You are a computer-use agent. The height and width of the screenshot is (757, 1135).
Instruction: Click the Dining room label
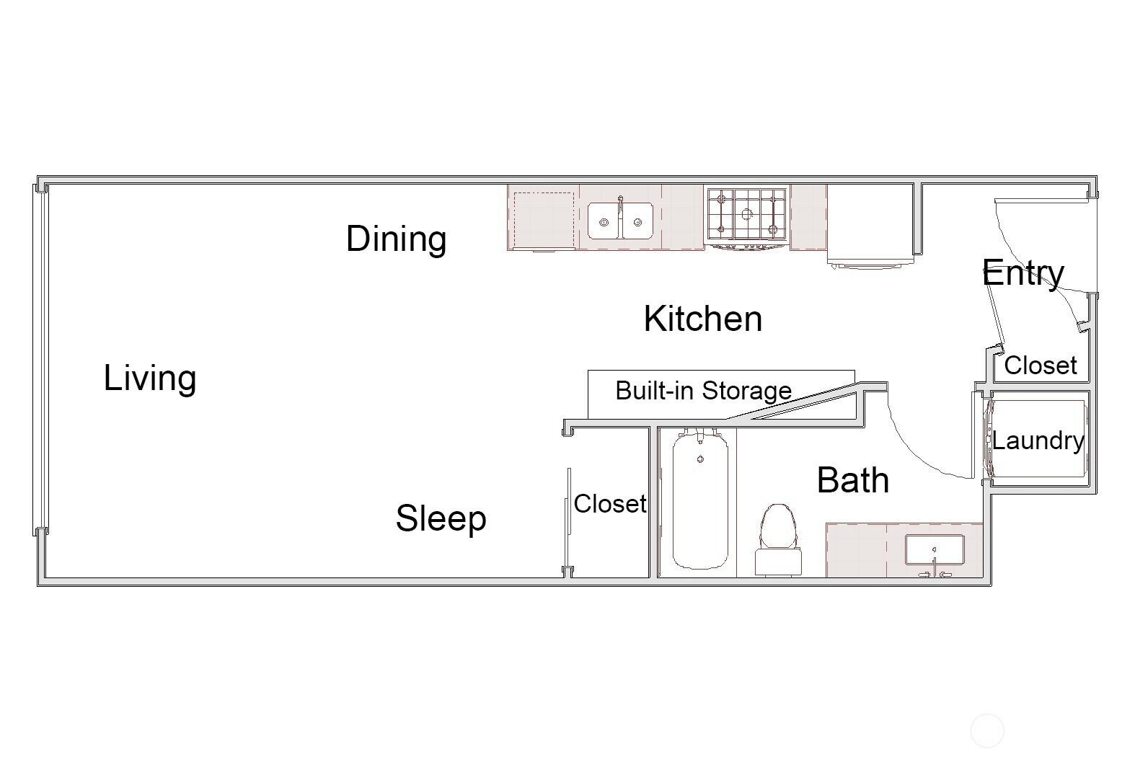[x=396, y=239]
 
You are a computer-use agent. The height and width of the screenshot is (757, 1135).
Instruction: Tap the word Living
[x=150, y=378]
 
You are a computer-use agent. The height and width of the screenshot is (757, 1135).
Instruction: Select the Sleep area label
[x=441, y=519]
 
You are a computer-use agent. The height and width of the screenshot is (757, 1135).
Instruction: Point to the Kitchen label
[x=703, y=319]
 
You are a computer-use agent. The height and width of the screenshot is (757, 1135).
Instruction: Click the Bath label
[x=853, y=480]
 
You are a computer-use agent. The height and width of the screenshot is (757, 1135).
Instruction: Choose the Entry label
[x=1023, y=273]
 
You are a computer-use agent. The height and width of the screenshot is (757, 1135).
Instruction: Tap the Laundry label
[x=1038, y=441]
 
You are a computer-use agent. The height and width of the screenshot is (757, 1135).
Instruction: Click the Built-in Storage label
[x=703, y=391]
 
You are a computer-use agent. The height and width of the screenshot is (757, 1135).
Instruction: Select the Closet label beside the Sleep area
[x=610, y=504]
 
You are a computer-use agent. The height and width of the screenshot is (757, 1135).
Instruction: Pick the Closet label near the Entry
[x=1041, y=366]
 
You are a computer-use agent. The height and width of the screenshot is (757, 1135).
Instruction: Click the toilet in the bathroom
[x=778, y=540]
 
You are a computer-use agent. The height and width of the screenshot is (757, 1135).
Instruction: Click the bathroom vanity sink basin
[x=935, y=550]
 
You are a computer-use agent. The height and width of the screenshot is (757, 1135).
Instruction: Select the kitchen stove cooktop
[x=747, y=214]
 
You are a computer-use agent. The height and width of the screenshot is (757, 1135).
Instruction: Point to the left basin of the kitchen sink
[x=604, y=221]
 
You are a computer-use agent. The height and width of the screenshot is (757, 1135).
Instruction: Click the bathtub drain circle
[x=700, y=459]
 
